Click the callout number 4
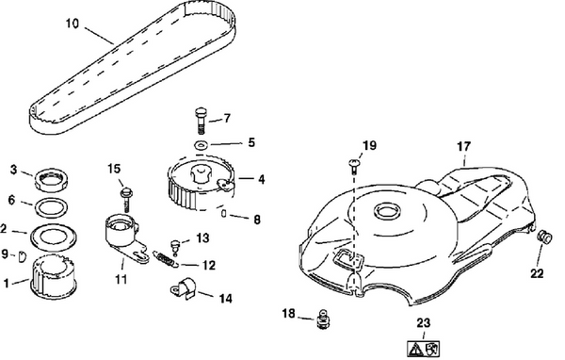coord(261,177)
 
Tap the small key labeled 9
coord(27,253)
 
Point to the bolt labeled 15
coord(124,192)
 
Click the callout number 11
coord(123,280)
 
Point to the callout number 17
coord(462,146)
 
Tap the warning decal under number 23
coord(421,348)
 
